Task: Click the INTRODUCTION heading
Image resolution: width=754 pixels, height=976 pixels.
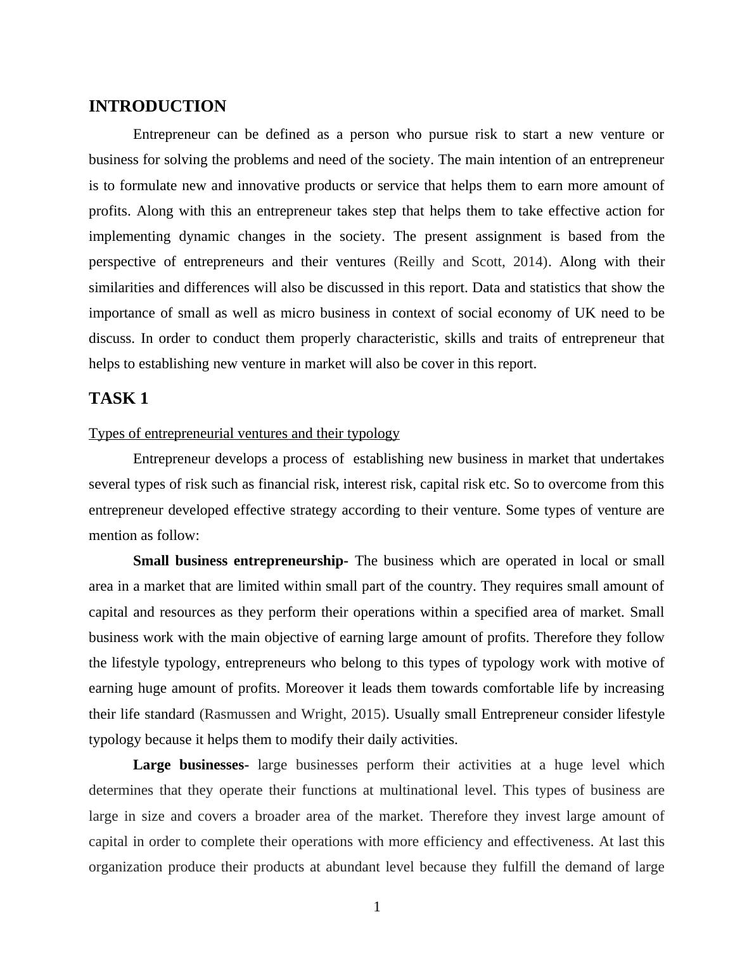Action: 157,106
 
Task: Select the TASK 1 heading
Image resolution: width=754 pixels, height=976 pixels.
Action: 118,399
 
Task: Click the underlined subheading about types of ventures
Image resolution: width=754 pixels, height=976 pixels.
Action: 244,433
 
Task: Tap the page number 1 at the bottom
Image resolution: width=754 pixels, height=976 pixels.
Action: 377,908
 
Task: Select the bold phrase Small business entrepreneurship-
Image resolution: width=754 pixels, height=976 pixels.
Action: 240,562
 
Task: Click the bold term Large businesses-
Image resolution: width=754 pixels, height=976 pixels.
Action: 191,765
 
